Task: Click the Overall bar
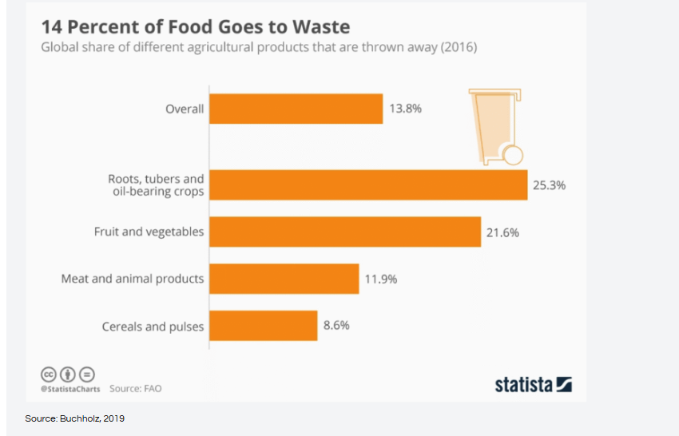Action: (x=296, y=109)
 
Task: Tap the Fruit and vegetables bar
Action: (x=345, y=232)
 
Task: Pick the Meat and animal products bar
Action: (x=284, y=279)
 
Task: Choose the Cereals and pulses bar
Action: (x=264, y=326)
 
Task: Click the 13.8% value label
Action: (x=407, y=109)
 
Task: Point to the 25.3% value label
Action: (x=549, y=185)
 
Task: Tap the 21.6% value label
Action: (x=502, y=232)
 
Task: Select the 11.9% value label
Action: (x=380, y=279)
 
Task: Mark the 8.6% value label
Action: (x=336, y=326)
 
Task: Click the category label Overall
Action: (x=185, y=109)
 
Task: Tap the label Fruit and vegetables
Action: (x=149, y=232)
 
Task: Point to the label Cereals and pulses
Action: (x=153, y=327)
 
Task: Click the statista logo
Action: (x=533, y=384)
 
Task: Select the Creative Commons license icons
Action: (x=68, y=374)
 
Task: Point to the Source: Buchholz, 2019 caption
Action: (x=75, y=418)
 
